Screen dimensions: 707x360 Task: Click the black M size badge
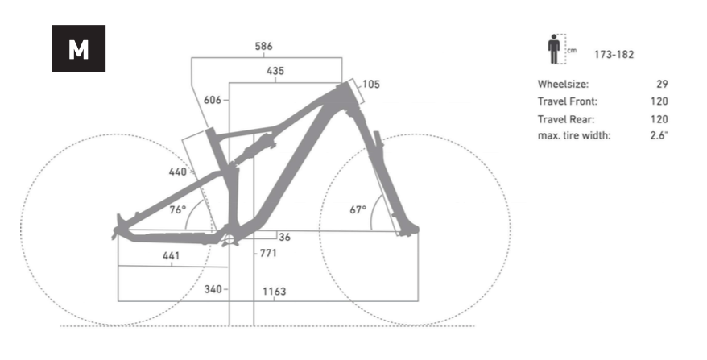click(x=78, y=48)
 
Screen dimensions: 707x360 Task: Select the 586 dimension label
click(x=264, y=46)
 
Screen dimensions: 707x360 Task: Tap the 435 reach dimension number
click(x=275, y=71)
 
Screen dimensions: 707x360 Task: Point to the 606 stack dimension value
click(x=213, y=100)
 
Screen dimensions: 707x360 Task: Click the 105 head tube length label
click(x=371, y=85)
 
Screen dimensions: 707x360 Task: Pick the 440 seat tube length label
click(x=178, y=172)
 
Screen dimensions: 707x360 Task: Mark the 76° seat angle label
click(x=178, y=209)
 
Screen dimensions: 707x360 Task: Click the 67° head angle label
click(x=358, y=209)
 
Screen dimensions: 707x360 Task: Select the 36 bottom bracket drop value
click(x=284, y=238)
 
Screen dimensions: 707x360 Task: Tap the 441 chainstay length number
click(x=172, y=256)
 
